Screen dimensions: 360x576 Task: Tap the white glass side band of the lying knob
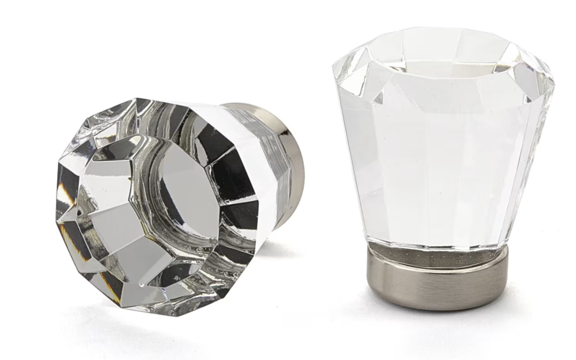point(260,153)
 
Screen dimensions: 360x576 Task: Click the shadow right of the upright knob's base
point(525,297)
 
